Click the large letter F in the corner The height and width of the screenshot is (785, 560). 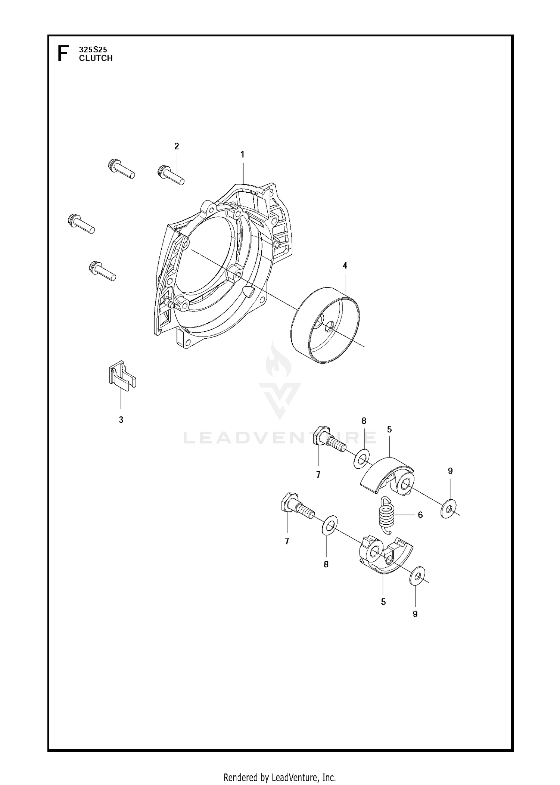click(63, 53)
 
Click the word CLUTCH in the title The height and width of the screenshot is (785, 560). click(96, 58)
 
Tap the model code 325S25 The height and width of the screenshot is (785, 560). click(93, 49)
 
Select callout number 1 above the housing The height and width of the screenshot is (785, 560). click(242, 154)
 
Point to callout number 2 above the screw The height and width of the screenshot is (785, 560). click(177, 146)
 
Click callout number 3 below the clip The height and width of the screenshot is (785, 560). click(121, 420)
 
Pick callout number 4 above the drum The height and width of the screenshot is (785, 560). click(345, 266)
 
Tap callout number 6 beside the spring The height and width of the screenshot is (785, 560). click(420, 515)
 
